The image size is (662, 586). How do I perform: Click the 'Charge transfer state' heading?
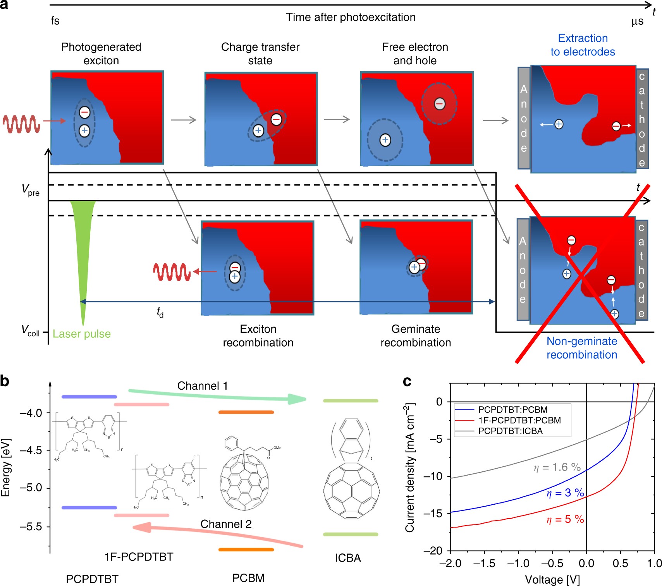[260, 53]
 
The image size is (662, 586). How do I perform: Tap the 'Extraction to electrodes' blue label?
[583, 45]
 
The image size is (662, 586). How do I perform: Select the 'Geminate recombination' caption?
[416, 335]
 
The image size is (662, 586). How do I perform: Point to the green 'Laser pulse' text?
[82, 334]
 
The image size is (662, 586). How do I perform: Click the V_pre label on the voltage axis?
[31, 190]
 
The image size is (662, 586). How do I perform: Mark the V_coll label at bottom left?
[31, 331]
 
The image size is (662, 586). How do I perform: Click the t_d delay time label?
[160, 312]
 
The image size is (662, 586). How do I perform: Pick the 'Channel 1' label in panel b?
[203, 386]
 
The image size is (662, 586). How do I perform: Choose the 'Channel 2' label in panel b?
[226, 524]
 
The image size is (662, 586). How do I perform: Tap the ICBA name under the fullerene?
[348, 558]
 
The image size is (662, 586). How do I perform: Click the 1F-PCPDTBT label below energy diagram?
[139, 557]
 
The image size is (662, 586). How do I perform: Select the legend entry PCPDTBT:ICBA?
[510, 431]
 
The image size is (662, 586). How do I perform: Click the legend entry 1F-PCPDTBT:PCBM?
[519, 420]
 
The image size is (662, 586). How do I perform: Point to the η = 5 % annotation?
[565, 519]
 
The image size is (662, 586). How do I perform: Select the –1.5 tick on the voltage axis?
[484, 564]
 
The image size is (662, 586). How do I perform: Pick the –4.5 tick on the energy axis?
[31, 450]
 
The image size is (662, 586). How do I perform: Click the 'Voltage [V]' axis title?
[552, 579]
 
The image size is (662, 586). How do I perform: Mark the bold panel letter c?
[407, 382]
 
